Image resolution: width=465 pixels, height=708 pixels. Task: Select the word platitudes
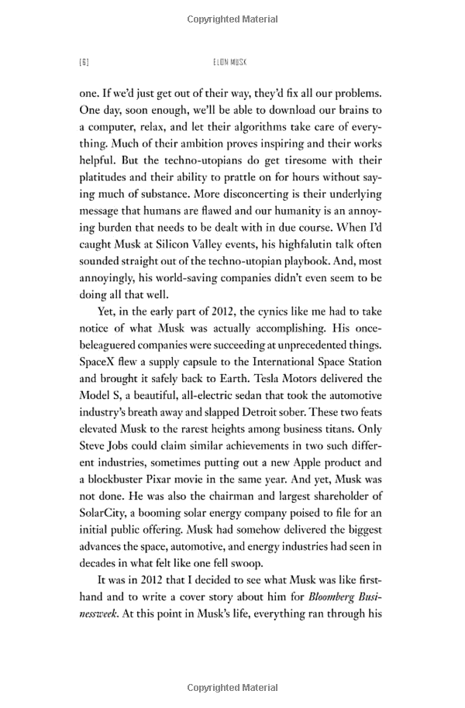[x=108, y=178]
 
